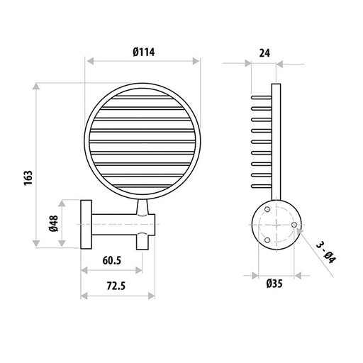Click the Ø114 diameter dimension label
(144, 52)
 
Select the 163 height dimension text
(28, 178)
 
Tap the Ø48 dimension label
(54, 223)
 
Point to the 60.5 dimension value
(112, 260)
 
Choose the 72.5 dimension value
(116, 286)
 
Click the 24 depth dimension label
(264, 53)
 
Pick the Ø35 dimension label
(274, 284)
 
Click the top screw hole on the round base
(267, 209)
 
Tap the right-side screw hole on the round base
(294, 225)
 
